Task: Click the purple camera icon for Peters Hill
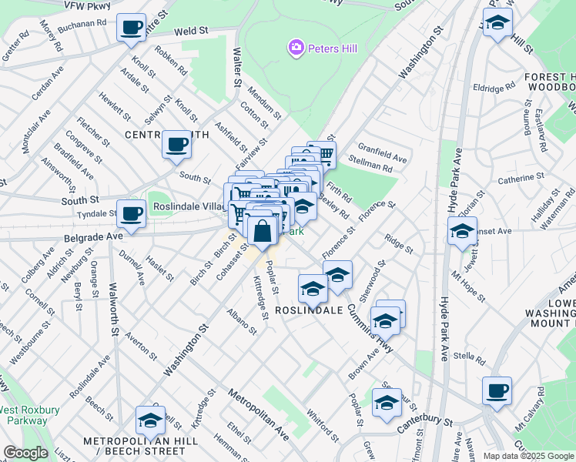(296, 49)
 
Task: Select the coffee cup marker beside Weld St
(131, 28)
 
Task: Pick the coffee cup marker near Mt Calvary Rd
(497, 390)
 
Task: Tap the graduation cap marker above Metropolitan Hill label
(151, 420)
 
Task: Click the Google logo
(25, 453)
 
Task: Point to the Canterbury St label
(424, 423)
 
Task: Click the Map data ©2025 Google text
(528, 456)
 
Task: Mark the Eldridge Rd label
(493, 88)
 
